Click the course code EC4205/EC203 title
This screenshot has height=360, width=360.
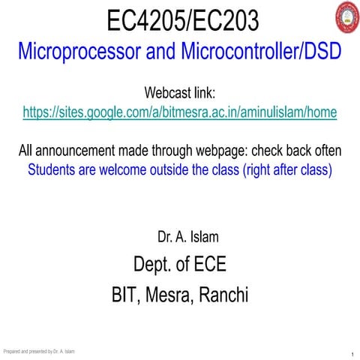[179, 21]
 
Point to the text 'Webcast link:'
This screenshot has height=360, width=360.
[179, 94]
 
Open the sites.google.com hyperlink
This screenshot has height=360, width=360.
[180, 112]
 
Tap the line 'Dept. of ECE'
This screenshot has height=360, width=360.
[179, 264]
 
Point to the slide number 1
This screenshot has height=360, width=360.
[352, 354]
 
